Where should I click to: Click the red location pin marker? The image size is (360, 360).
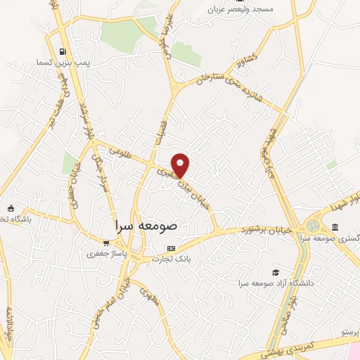point(181,165)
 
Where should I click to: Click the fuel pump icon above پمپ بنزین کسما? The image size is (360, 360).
point(64,51)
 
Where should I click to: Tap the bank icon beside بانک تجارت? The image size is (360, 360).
point(171,249)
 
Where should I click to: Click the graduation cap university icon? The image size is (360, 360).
point(276,272)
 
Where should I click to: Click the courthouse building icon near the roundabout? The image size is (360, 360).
point(335,228)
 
